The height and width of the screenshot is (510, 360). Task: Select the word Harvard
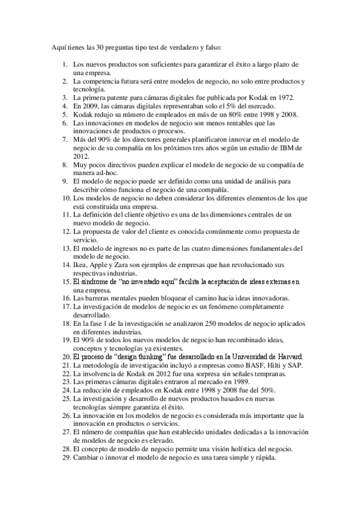point(287,357)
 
